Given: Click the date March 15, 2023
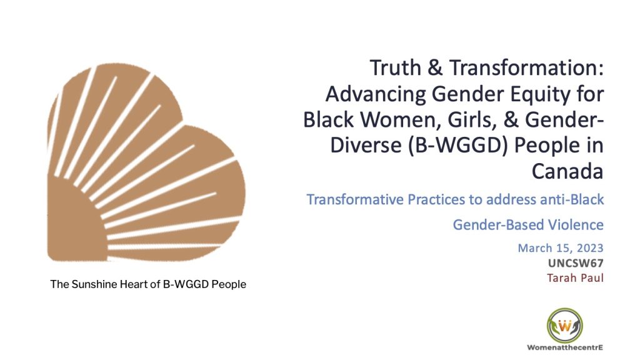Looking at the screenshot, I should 561,248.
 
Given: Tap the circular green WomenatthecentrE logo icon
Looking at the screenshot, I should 564,325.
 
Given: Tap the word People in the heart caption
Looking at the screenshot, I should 229,284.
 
